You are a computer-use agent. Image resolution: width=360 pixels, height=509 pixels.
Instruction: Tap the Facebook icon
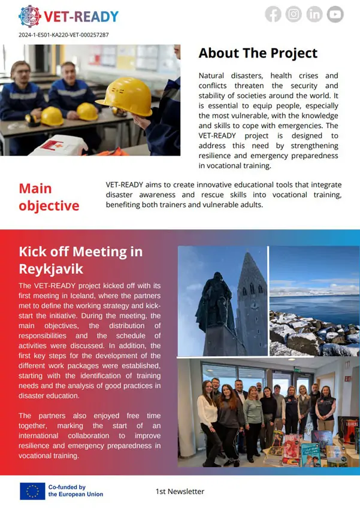pyautogui.click(x=273, y=14)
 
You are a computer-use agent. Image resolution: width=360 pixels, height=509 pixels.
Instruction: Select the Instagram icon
pyautogui.click(x=294, y=14)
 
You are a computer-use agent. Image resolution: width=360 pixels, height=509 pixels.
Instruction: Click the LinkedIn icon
pyautogui.click(x=314, y=14)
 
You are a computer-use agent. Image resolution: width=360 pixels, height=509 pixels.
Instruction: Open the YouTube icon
pyautogui.click(x=335, y=14)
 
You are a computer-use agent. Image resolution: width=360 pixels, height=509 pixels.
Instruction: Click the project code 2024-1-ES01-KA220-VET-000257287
pyautogui.click(x=64, y=35)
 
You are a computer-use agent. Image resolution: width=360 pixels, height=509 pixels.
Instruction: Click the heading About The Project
pyautogui.click(x=258, y=53)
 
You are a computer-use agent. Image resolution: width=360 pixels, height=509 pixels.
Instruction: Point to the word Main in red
pyautogui.click(x=35, y=189)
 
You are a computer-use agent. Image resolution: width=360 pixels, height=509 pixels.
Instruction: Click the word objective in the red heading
pyautogui.click(x=49, y=205)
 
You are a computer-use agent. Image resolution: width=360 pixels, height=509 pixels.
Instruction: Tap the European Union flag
pyautogui.click(x=32, y=491)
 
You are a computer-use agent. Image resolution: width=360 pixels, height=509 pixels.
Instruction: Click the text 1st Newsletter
pyautogui.click(x=180, y=492)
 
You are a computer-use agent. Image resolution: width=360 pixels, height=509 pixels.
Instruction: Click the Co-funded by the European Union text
pyautogui.click(x=75, y=491)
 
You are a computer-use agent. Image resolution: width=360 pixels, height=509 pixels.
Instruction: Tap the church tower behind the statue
pyautogui.click(x=252, y=299)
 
